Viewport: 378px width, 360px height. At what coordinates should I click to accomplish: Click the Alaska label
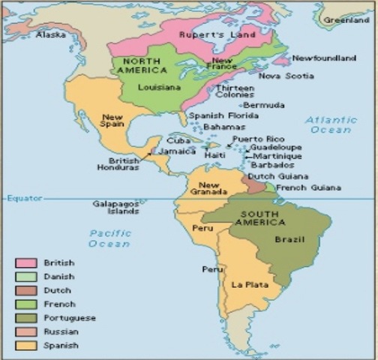[x=50, y=34]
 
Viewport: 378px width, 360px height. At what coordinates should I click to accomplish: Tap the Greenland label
[x=346, y=20]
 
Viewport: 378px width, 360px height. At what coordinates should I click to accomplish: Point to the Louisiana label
[x=160, y=87]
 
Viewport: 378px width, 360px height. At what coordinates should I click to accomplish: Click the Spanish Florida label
[x=217, y=115]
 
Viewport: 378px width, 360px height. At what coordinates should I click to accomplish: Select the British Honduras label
[x=124, y=163]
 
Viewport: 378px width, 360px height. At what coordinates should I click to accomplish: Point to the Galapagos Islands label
[x=116, y=207]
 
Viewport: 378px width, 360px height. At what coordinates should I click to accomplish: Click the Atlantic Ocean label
[x=331, y=124]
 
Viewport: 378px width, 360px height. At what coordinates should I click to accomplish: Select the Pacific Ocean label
[x=109, y=238]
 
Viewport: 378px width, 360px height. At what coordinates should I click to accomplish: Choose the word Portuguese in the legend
[x=70, y=318]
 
